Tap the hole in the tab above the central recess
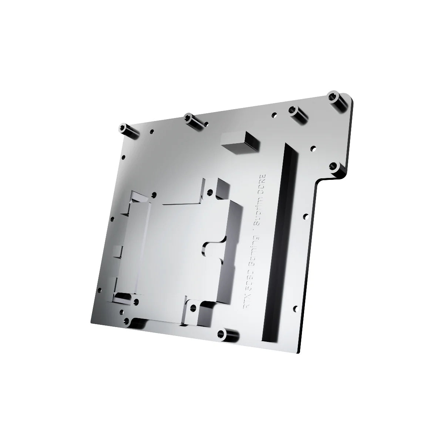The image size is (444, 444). pyautogui.click(x=211, y=192)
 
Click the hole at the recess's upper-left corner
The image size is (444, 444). pyautogui.click(x=154, y=193)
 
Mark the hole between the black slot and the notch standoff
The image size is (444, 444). pyautogui.click(x=313, y=149)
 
